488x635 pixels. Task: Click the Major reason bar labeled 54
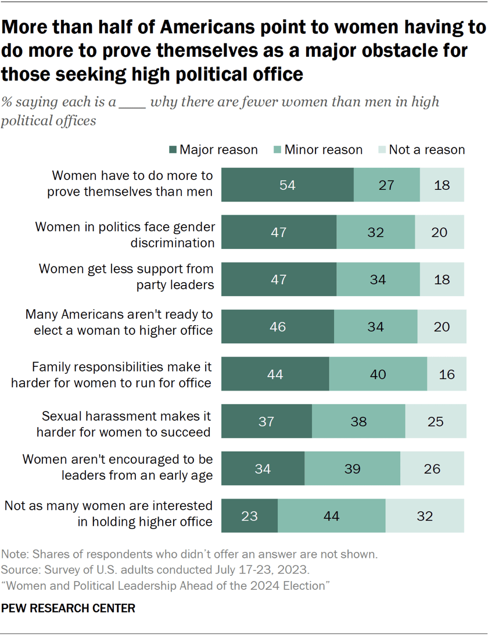(288, 185)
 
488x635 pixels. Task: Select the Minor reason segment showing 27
(386, 185)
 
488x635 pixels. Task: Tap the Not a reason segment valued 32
(425, 515)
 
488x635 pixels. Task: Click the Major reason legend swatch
(172, 150)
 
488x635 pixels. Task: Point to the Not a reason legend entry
(421, 150)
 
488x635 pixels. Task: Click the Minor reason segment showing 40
(378, 374)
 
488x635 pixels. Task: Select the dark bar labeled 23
(249, 515)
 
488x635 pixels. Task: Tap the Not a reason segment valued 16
(446, 374)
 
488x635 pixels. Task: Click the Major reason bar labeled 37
(266, 421)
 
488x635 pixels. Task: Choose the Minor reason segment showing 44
(331, 515)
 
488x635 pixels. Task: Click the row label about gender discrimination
(125, 234)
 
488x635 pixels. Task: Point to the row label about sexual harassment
(125, 424)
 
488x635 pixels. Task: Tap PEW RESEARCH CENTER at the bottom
(69, 608)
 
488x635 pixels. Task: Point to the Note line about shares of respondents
(189, 554)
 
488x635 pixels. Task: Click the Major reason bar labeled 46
(278, 327)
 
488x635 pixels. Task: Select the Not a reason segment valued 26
(432, 468)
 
